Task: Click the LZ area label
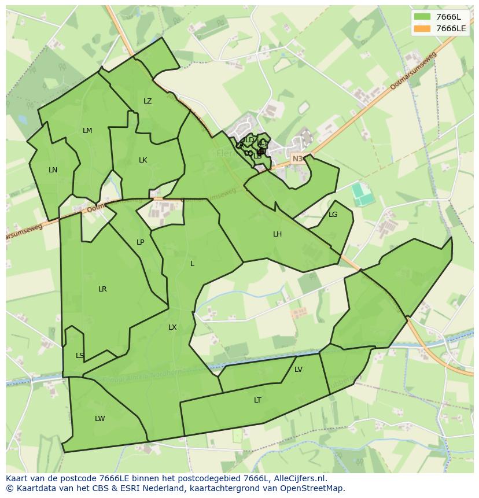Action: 148,101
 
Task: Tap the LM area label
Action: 87,131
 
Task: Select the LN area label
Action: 53,170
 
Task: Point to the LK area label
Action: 143,160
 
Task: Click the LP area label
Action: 141,242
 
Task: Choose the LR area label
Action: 102,289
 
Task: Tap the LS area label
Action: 80,356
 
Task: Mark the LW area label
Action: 100,419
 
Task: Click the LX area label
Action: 172,327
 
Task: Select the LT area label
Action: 257,400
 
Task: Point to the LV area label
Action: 299,370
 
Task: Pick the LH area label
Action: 278,234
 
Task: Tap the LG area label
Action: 333,215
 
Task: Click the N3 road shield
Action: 297,158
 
